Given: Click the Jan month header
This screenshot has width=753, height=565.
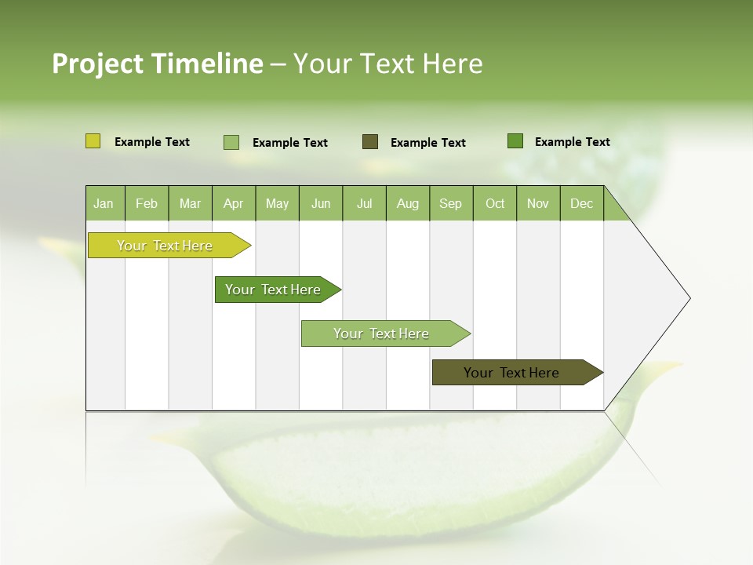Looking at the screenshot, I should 104,203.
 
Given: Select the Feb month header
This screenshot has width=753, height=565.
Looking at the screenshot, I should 147,203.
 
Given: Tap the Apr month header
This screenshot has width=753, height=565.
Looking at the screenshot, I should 233,203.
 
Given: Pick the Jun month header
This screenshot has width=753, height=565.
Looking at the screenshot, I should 321,203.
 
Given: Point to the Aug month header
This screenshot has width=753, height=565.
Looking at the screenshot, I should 407,203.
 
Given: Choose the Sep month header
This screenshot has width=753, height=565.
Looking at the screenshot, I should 450,203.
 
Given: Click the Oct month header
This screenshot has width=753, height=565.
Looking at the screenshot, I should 495,203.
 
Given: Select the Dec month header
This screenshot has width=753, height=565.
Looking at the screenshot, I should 581,203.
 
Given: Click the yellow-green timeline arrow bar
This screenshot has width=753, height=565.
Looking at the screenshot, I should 165,246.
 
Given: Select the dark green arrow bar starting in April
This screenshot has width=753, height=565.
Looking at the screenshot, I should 273,290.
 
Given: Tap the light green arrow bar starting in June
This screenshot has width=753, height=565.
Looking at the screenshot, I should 381,334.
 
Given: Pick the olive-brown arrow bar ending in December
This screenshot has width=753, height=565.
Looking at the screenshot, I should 511,373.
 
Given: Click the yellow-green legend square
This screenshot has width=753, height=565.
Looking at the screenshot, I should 93,141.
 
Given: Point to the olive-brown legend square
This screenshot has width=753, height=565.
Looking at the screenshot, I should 370,141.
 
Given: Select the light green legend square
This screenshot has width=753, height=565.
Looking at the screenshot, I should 231,142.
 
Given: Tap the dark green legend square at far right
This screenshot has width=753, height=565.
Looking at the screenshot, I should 515,141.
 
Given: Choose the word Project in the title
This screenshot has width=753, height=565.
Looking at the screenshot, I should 98,64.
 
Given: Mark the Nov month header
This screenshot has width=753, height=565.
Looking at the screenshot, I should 538,203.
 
